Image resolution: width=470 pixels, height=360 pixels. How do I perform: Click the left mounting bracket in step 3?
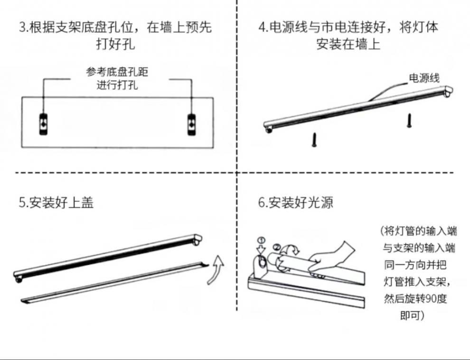pyautogui.click(x=43, y=124)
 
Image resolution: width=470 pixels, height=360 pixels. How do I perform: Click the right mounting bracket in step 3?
pyautogui.click(x=192, y=124)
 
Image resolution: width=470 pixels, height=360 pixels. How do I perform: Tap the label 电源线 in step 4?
pyautogui.click(x=424, y=78)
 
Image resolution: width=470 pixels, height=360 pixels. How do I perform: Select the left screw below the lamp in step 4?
pyautogui.click(x=314, y=139)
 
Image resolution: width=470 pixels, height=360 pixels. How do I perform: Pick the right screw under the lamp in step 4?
pyautogui.click(x=408, y=120)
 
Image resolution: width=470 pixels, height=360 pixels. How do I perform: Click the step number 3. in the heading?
pyautogui.click(x=24, y=27)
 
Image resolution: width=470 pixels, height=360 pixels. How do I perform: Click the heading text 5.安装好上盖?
pyautogui.click(x=56, y=203)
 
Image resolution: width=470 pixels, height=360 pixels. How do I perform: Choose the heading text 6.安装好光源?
pyautogui.click(x=295, y=203)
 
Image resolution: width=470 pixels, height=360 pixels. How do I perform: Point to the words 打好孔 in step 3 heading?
pyautogui.click(x=115, y=45)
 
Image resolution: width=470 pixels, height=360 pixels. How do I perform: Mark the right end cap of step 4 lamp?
pyautogui.click(x=447, y=91)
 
